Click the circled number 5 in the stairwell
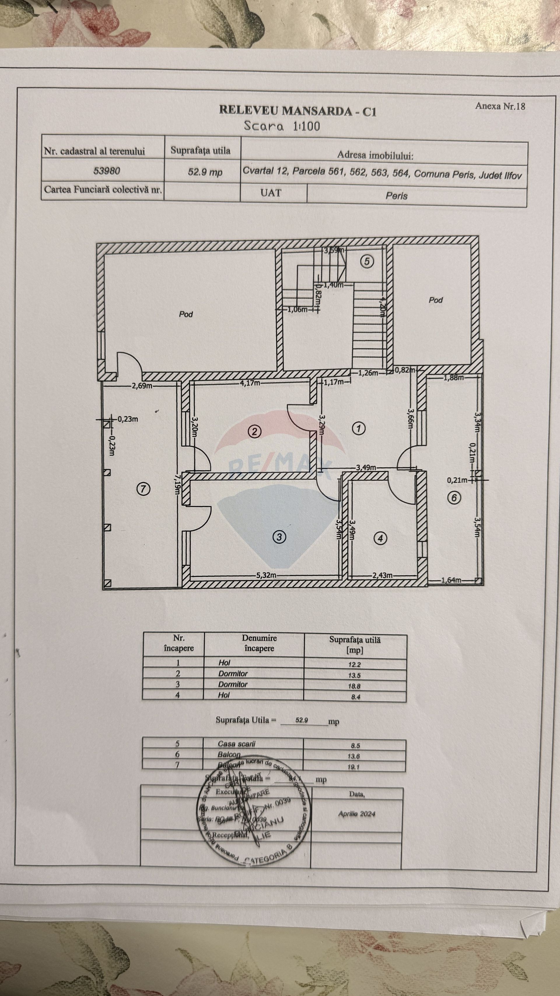(367, 262)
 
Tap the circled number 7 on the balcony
(143, 489)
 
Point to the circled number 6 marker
(454, 498)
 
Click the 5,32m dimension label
(266, 575)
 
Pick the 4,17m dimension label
(250, 383)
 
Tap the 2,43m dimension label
(382, 575)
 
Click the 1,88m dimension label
(454, 378)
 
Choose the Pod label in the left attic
(186, 314)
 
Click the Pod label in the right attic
(435, 300)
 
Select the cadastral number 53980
(107, 170)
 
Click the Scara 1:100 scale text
(282, 126)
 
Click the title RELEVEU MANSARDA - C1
(297, 111)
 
